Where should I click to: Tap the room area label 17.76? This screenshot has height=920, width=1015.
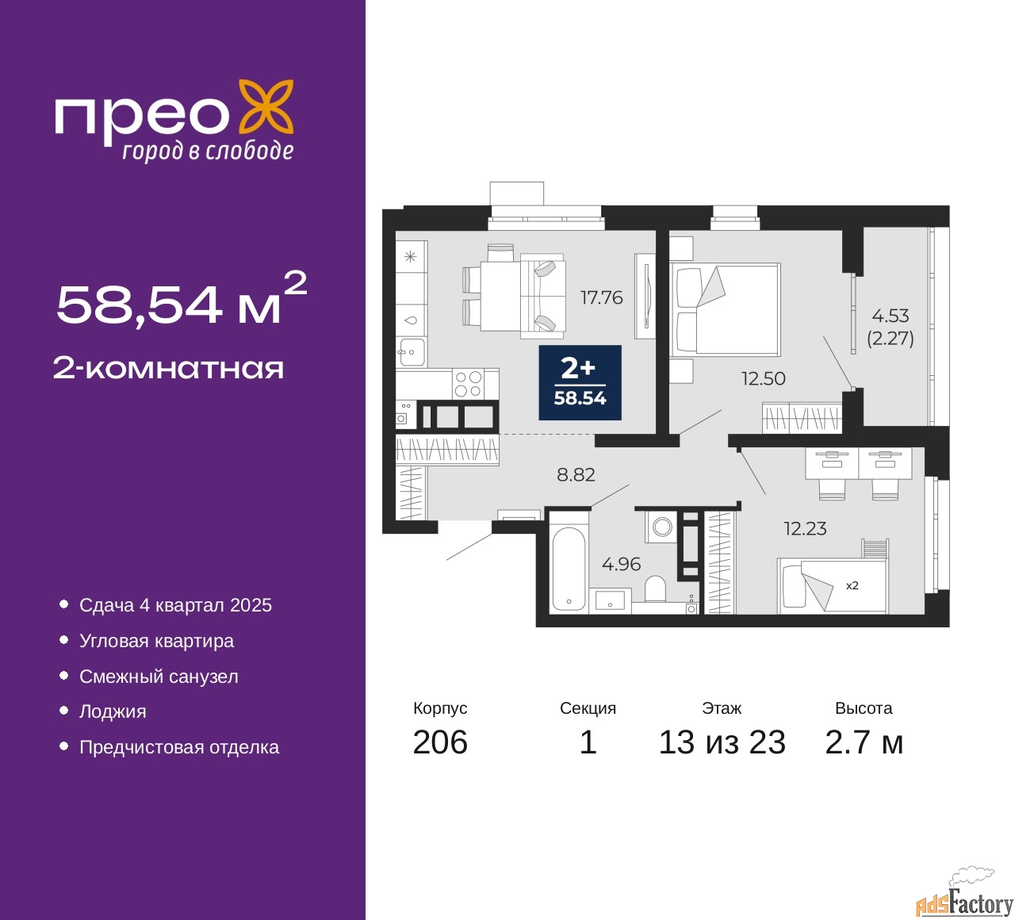pos(601,297)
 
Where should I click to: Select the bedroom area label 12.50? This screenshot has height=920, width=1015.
pos(763,378)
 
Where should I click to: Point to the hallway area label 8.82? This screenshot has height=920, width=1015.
pos(576,475)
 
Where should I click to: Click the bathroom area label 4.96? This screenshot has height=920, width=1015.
pos(621,564)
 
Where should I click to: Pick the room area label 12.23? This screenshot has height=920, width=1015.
pos(805,529)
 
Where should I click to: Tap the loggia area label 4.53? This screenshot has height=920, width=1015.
pos(890,316)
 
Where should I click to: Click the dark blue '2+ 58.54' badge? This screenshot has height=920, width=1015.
pos(580,382)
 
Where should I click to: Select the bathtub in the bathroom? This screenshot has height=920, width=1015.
pos(569,567)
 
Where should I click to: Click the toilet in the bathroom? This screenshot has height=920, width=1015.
pos(655,589)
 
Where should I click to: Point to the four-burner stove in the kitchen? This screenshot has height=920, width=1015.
pos(468,384)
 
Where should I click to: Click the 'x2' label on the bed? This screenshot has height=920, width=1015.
pos(852,585)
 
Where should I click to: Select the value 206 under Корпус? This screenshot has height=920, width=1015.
pos(439,742)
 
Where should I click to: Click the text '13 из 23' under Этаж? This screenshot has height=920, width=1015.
pos(722,742)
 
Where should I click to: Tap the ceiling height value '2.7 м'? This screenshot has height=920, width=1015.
pos(864,742)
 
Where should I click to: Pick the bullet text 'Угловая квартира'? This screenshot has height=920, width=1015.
pos(156,641)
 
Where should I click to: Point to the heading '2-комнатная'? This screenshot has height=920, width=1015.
pos(168,369)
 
